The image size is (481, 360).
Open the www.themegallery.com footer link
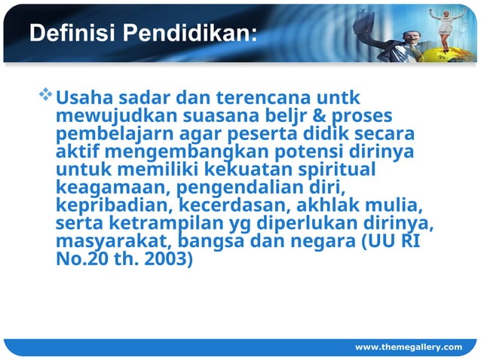(409, 346)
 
